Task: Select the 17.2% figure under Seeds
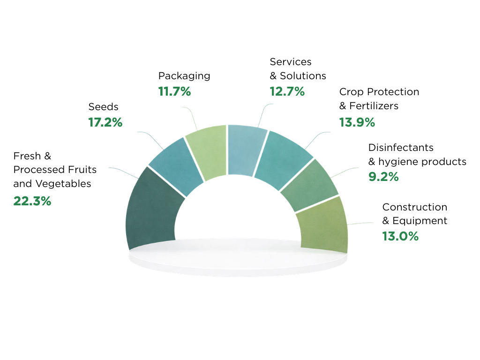tap(105, 123)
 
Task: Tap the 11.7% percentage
tap(174, 91)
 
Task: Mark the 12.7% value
tap(287, 91)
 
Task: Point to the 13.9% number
tap(357, 122)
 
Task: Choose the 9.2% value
tap(383, 177)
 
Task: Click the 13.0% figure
tap(400, 236)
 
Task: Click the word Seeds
tap(104, 107)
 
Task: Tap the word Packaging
tap(184, 76)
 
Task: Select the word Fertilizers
tap(374, 106)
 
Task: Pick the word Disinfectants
tap(401, 148)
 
